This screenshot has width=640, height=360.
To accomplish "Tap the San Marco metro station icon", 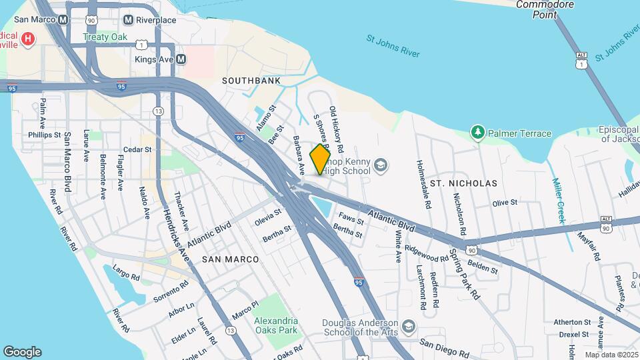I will (x=63, y=19).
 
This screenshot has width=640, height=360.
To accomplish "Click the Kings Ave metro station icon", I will (x=180, y=60).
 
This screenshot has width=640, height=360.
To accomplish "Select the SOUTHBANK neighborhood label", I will (x=251, y=81).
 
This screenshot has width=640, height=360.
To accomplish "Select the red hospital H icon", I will (x=27, y=39).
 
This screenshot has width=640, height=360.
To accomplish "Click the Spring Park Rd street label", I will (x=464, y=273).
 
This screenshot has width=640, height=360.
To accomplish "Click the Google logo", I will (x=22, y=352).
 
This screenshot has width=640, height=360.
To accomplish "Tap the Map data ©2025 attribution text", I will (x=611, y=355).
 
